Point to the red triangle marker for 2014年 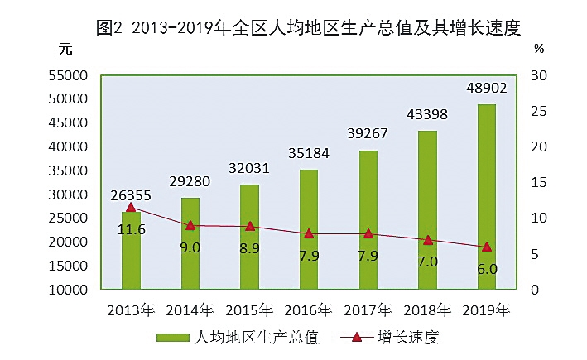point(190,225)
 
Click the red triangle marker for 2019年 point(487,247)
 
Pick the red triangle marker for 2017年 point(368,233)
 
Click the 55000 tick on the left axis point(69,75)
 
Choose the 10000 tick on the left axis point(69,290)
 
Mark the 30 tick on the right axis point(539,75)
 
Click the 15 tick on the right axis point(539,183)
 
